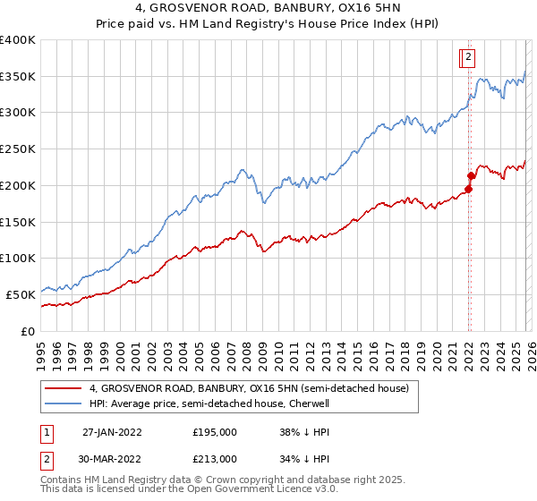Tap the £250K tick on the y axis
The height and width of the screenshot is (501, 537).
tap(18, 149)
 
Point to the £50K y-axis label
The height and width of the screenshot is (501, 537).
tap(21, 293)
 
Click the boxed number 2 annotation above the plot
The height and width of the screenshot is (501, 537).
tap(468, 58)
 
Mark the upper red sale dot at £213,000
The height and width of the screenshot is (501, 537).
tap(471, 175)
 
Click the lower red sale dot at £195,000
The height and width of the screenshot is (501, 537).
tap(468, 189)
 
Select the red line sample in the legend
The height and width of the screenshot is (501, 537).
tap(63, 388)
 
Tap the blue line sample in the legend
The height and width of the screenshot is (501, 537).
tap(63, 403)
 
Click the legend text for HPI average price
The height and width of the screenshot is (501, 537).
tap(209, 403)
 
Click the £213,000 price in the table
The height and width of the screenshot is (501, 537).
tap(215, 459)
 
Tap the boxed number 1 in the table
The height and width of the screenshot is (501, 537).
tap(44, 431)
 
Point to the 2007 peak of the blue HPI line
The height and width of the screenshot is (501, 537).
tap(241, 168)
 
